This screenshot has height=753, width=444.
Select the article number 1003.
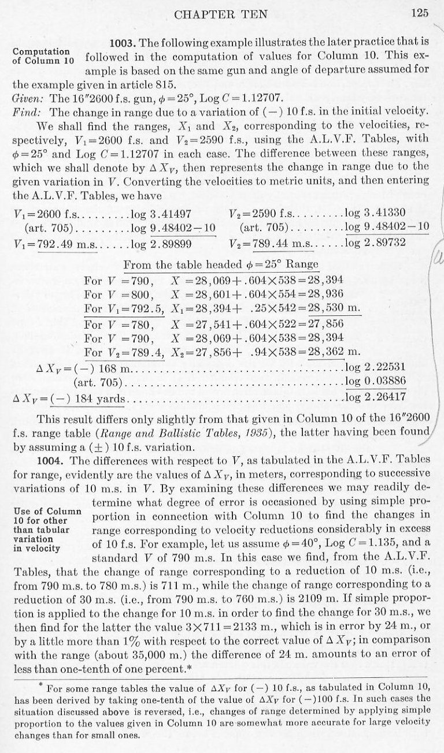(x=123, y=44)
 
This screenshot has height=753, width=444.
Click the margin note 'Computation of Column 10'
(x=43, y=56)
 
